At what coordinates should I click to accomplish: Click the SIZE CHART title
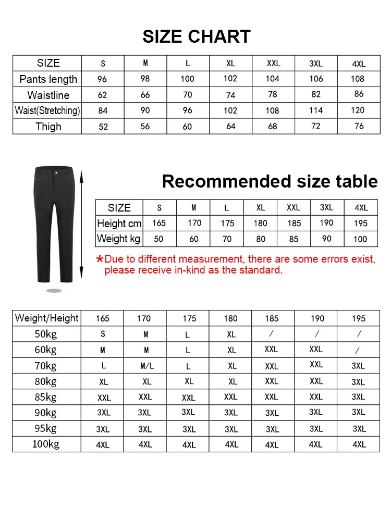(196, 36)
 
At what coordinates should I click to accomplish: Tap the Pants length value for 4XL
(358, 79)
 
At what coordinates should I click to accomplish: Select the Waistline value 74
(230, 95)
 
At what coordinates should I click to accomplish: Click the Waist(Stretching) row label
(47, 110)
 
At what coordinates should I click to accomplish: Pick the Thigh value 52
(103, 127)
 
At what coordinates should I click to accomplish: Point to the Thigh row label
(48, 127)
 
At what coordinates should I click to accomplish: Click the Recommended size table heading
(270, 181)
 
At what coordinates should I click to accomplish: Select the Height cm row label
(119, 224)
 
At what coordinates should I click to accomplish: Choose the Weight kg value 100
(361, 239)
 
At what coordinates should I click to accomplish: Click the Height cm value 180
(260, 224)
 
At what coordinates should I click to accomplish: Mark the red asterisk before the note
(100, 259)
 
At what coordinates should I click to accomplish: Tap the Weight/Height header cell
(47, 318)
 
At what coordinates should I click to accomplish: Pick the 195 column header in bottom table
(359, 318)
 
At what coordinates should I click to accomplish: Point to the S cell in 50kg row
(103, 334)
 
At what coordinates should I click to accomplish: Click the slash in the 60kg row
(358, 350)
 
